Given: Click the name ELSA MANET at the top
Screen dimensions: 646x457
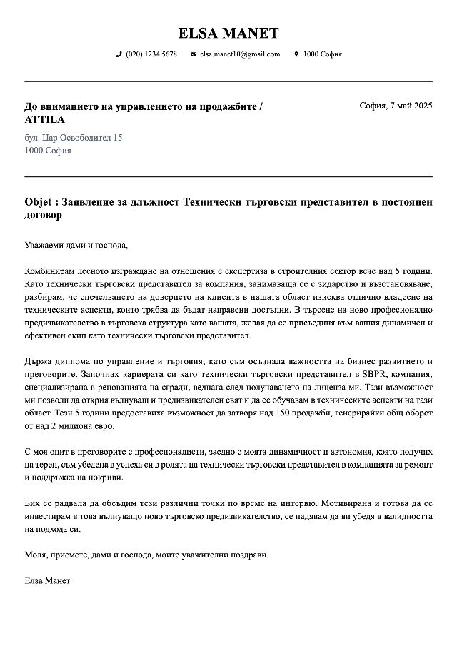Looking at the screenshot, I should (x=228, y=34).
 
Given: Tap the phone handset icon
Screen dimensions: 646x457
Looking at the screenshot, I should (x=119, y=54).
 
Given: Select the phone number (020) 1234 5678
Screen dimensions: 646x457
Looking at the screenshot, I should (x=151, y=54).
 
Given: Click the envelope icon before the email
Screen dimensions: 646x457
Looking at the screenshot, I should (x=193, y=54).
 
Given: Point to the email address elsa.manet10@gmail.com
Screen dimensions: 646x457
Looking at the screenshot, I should (x=240, y=54).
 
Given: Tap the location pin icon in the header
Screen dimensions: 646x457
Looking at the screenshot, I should (x=296, y=54).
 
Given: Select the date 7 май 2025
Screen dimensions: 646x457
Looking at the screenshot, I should (x=411, y=106).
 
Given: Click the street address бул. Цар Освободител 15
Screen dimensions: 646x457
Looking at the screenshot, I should (x=73, y=137).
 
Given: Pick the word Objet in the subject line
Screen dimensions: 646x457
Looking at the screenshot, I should (x=39, y=202).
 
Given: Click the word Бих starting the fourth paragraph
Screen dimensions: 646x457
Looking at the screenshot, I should (x=33, y=503).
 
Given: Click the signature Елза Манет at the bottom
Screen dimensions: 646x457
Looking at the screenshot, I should (x=47, y=580).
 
